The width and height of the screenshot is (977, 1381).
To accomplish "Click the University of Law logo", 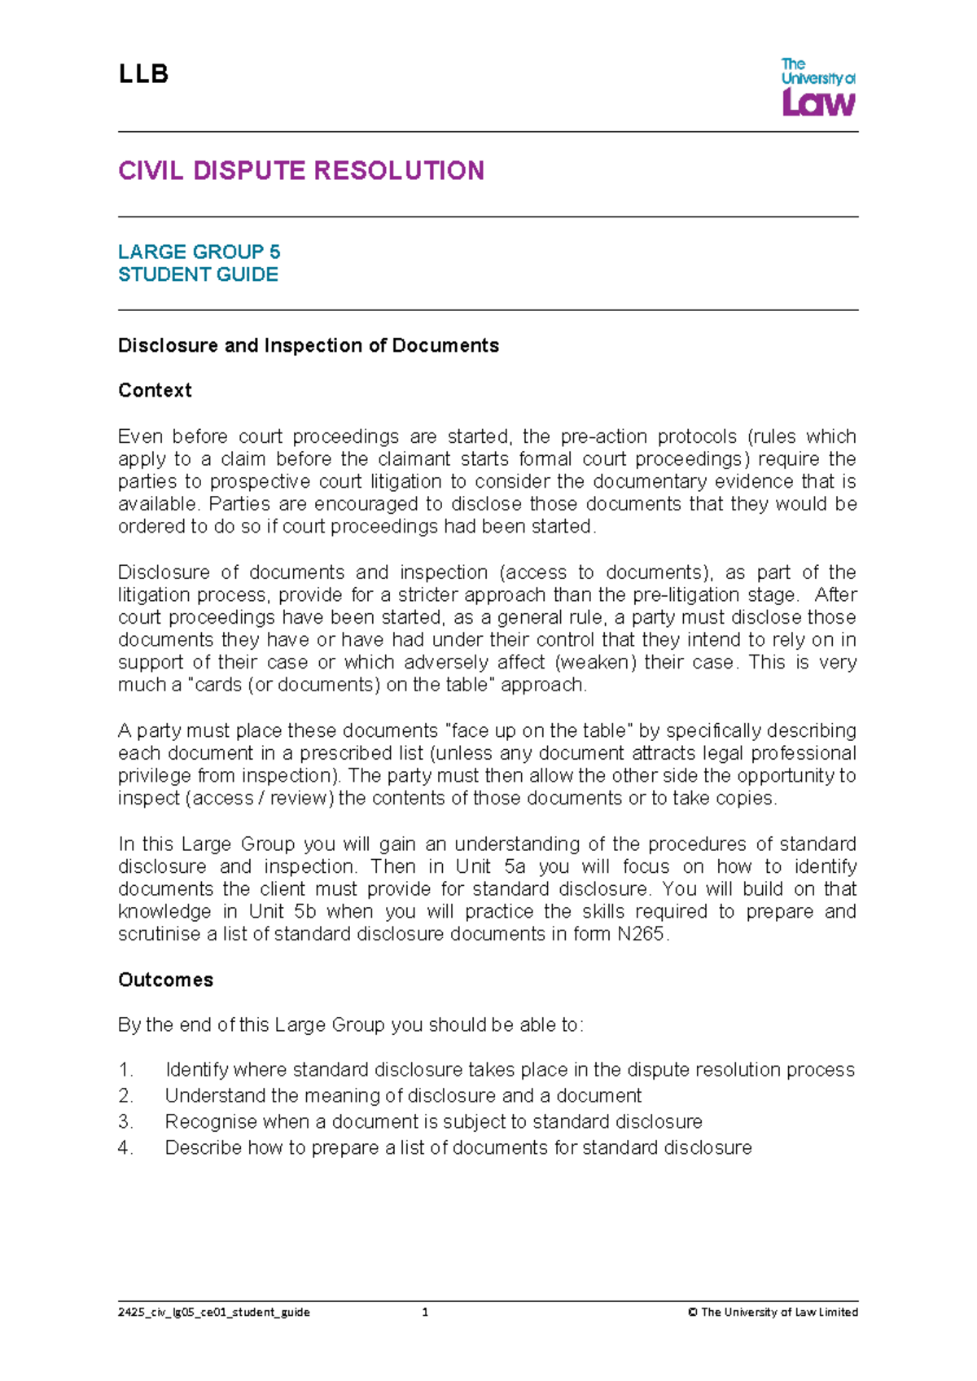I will tap(817, 87).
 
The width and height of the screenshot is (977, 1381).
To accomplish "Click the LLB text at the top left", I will tap(143, 75).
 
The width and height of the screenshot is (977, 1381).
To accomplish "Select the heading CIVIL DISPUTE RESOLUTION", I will tap(301, 171).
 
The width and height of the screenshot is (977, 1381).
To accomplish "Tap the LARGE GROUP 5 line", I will tap(199, 252).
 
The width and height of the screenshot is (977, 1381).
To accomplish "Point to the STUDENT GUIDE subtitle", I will tap(198, 274).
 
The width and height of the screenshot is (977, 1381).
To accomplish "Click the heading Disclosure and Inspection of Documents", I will tap(309, 345).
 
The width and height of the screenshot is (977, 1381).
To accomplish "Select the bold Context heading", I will tap(155, 391).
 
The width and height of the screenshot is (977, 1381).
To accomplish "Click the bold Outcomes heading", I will tap(165, 980).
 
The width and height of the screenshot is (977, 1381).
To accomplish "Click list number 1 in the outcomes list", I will tap(125, 1070).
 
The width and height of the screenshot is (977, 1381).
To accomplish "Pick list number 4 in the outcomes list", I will tap(125, 1148).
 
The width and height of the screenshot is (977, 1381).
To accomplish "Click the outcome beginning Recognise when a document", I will tap(433, 1122).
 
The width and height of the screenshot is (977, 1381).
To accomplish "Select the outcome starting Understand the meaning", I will tap(403, 1096).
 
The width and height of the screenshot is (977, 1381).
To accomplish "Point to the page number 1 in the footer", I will tap(425, 1312).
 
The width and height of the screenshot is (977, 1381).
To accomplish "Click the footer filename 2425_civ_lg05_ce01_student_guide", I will tap(214, 1312).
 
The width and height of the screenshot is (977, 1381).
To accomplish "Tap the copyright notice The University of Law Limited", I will tap(773, 1312).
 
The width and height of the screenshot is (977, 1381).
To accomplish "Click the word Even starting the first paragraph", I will tap(139, 436).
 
